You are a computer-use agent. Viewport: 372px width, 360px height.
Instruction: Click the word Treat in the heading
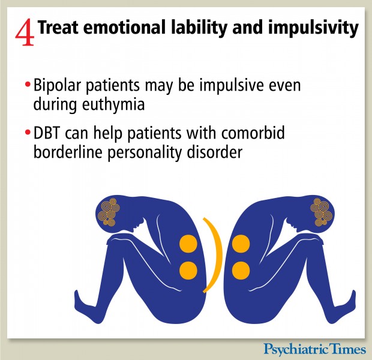click(58, 27)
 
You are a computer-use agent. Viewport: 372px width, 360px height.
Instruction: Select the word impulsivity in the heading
click(313, 29)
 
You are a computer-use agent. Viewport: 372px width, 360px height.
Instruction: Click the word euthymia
click(113, 105)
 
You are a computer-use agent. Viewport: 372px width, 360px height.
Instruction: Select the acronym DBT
click(47, 133)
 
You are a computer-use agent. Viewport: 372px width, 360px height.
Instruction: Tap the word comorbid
click(253, 133)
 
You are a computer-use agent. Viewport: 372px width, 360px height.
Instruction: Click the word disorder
click(215, 152)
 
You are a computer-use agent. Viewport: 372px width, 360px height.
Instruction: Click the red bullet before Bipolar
click(28, 84)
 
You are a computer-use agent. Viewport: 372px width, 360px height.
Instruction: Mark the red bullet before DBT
click(28, 132)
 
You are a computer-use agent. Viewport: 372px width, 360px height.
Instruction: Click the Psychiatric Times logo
click(315, 349)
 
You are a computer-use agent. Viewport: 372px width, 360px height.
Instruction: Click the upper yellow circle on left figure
click(188, 244)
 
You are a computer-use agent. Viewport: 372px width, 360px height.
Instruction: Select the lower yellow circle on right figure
click(241, 271)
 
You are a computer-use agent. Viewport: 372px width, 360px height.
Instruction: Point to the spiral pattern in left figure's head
click(108, 212)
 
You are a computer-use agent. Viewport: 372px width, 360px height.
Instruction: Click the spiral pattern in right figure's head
click(321, 212)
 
